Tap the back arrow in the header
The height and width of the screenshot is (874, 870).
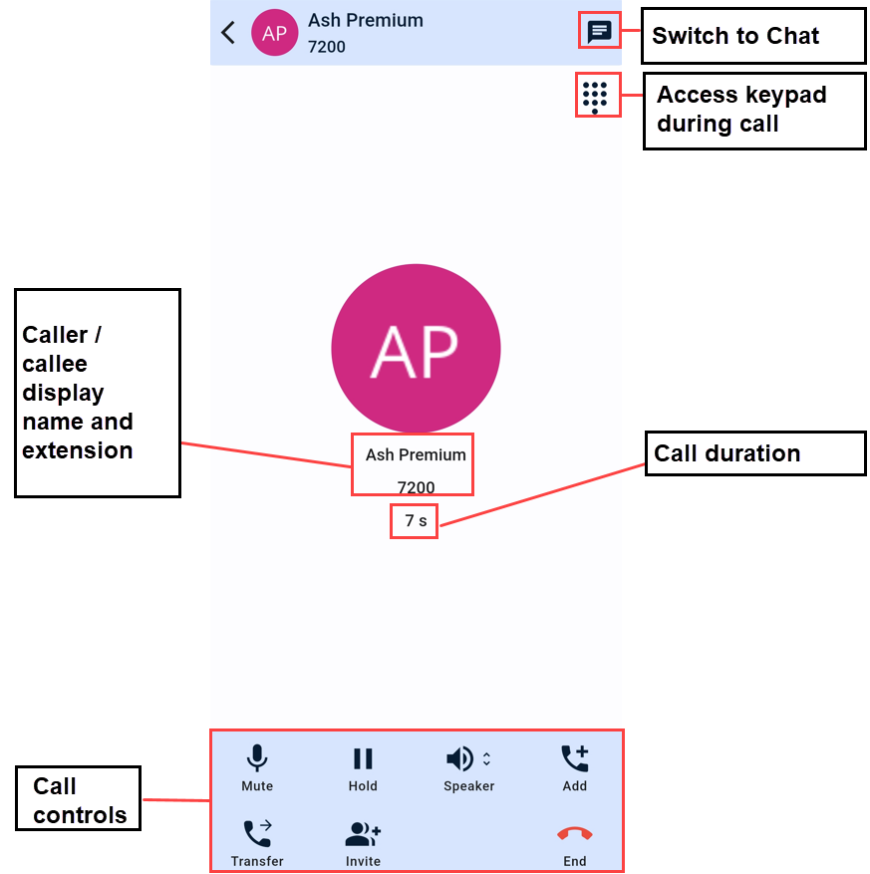(x=228, y=33)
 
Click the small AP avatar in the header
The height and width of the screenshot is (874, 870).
(x=274, y=33)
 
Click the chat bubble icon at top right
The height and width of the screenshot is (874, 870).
(x=599, y=32)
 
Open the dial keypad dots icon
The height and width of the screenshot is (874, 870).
(x=595, y=97)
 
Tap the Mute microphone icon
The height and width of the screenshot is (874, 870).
(x=257, y=759)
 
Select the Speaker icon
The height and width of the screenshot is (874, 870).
(x=461, y=759)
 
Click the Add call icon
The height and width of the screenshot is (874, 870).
(x=574, y=759)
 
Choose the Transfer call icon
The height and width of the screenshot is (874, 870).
(x=257, y=834)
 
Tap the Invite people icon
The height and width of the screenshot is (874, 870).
(x=363, y=834)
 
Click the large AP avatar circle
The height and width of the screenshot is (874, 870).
(x=416, y=349)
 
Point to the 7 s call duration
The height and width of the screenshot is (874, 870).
(x=415, y=521)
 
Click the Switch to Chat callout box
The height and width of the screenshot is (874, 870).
(x=753, y=36)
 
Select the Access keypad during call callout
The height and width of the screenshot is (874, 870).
(x=753, y=111)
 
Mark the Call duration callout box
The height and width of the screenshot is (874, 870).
(x=754, y=453)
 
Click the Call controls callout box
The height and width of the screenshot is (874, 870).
(x=79, y=799)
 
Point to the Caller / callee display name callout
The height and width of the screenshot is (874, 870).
(x=97, y=393)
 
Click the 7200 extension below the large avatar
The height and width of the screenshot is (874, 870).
(x=416, y=488)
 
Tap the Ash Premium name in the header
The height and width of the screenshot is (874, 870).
(x=365, y=21)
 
